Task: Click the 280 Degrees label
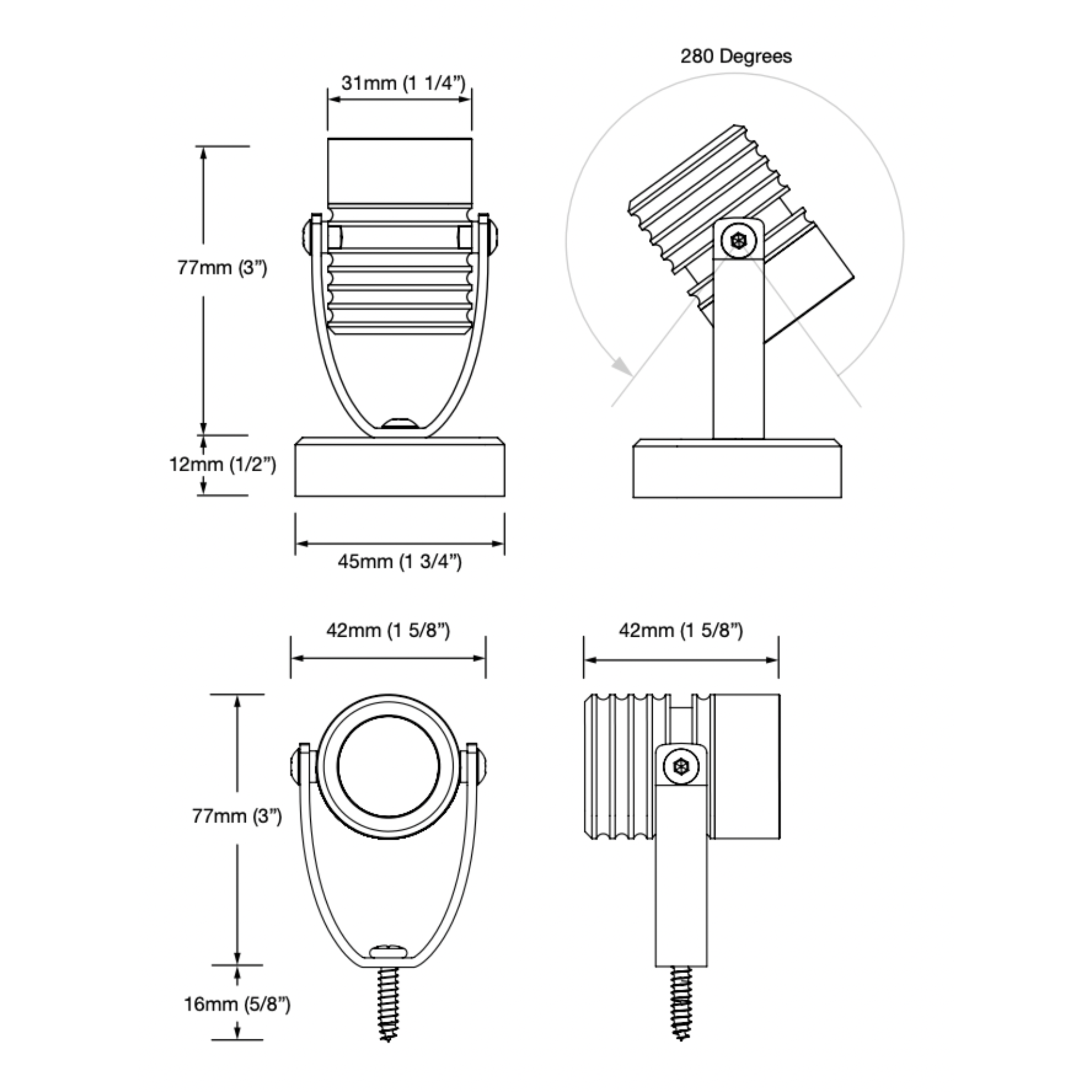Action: tap(735, 57)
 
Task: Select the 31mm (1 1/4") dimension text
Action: tap(403, 83)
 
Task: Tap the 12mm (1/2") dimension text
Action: tap(223, 464)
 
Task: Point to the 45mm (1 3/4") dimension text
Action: tap(399, 562)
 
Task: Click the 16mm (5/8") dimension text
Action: tap(237, 1005)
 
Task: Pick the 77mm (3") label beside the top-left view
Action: tap(222, 267)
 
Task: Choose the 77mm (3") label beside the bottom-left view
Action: tap(237, 816)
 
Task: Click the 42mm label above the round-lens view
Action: tap(388, 631)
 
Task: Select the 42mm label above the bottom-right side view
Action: tap(680, 631)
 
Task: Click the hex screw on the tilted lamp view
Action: tap(738, 240)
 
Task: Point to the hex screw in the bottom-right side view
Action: tap(681, 767)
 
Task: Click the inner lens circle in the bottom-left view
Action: tap(389, 766)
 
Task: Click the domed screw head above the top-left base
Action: tap(399, 423)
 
